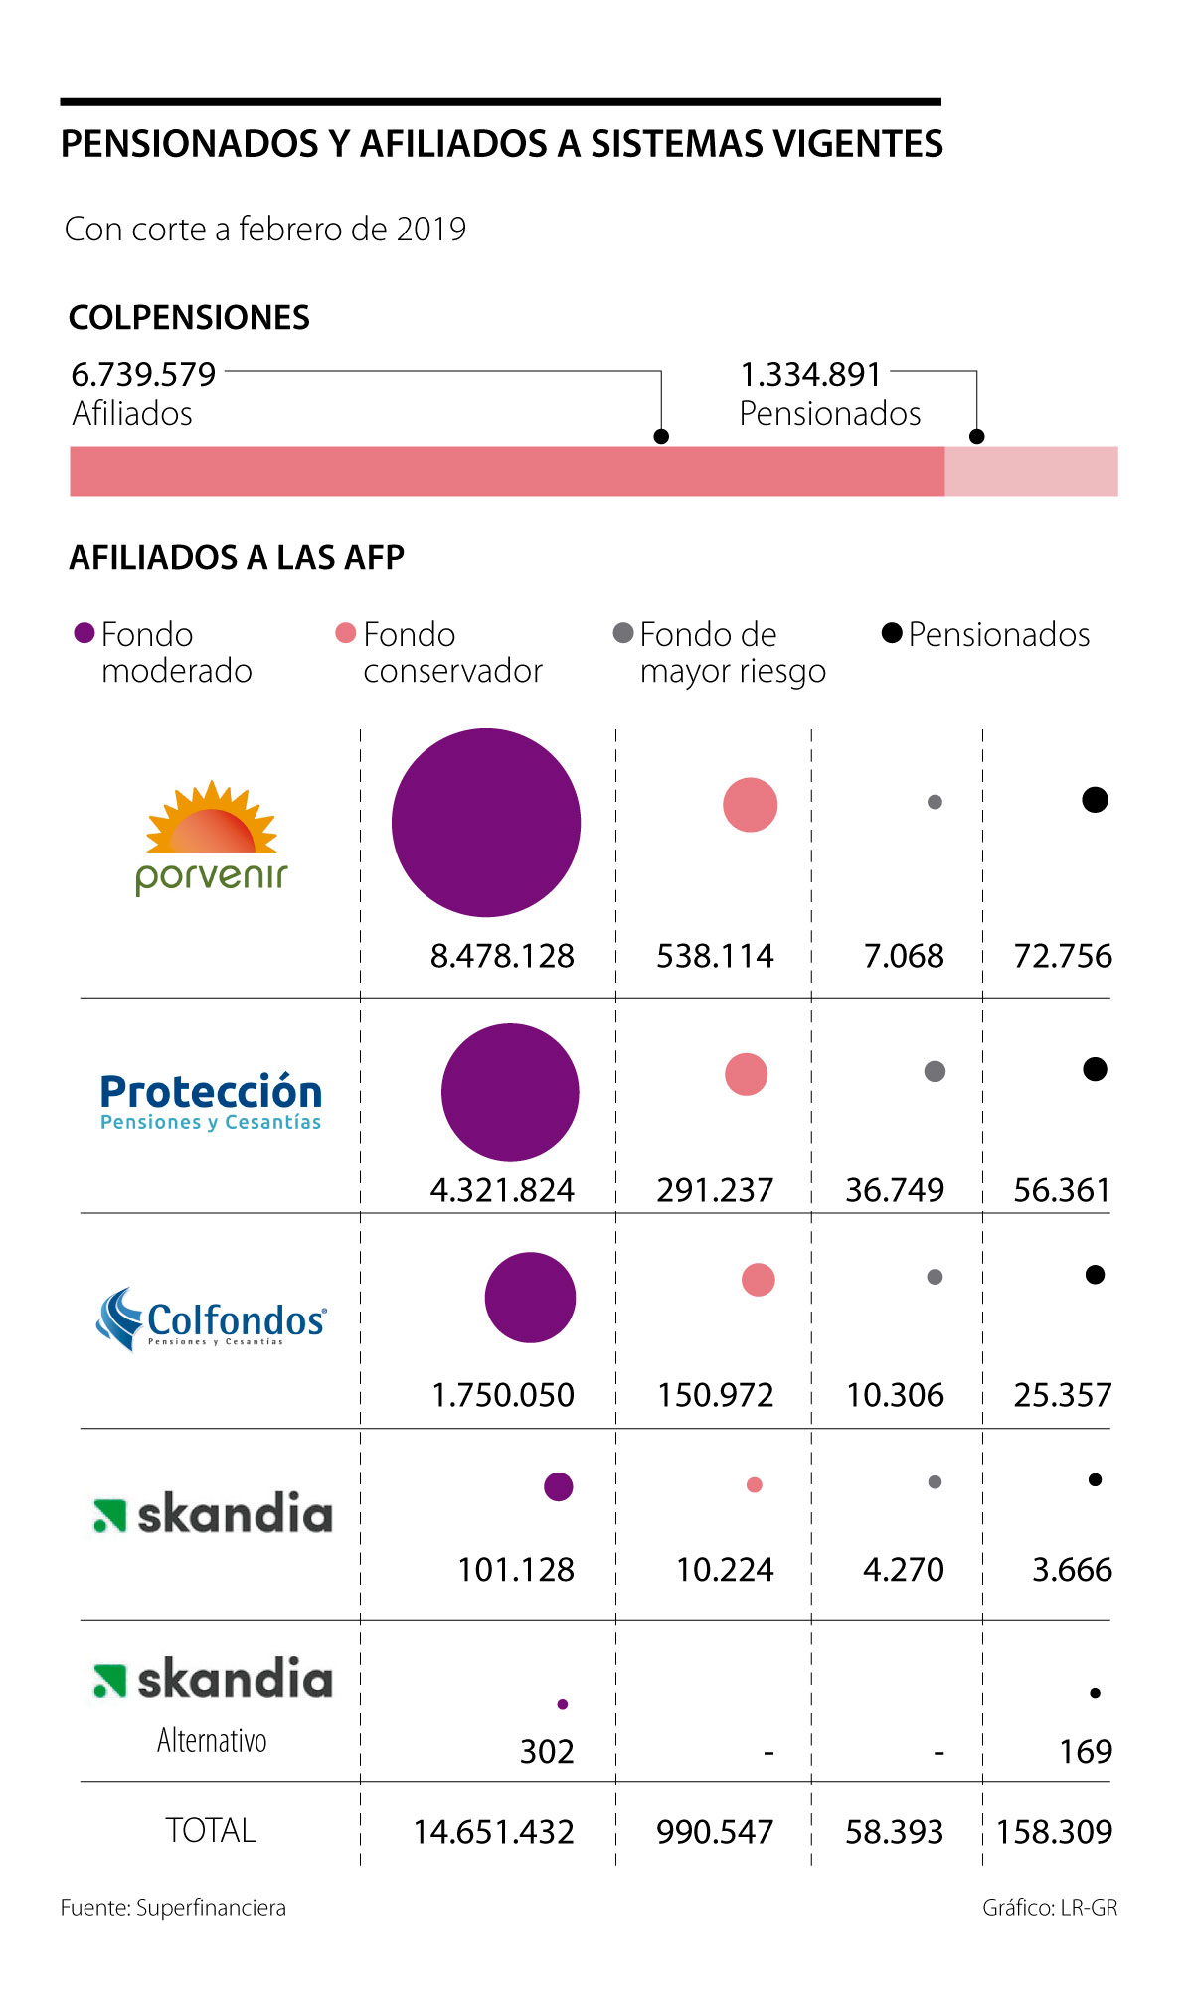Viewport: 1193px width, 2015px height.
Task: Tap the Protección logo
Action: click(x=211, y=1101)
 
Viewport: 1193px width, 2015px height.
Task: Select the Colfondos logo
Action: click(x=211, y=1319)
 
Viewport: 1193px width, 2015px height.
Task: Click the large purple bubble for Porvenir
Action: click(x=486, y=823)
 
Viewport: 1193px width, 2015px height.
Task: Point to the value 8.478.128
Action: click(x=502, y=956)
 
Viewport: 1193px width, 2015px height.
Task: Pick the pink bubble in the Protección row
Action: click(x=747, y=1074)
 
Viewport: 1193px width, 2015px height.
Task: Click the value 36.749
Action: click(x=895, y=1190)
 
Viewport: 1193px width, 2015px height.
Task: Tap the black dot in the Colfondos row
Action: click(x=1095, y=1275)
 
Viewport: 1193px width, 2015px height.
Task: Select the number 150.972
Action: click(x=715, y=1395)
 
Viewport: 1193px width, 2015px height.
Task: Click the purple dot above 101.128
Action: click(x=559, y=1486)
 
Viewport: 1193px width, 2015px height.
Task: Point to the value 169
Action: click(x=1086, y=1751)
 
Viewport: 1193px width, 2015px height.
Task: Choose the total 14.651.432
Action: click(x=494, y=1832)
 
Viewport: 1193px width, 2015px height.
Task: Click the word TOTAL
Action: click(x=211, y=1830)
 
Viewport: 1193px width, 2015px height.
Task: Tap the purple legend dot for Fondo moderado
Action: click(x=85, y=633)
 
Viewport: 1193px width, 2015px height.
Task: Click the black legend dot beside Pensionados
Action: click(x=892, y=633)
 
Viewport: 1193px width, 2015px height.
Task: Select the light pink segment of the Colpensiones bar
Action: click(x=1031, y=471)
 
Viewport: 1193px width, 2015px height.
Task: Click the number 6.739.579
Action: click(x=143, y=375)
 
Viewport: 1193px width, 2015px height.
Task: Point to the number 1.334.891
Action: click(x=810, y=375)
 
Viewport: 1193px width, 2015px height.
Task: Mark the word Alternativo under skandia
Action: click(x=212, y=1740)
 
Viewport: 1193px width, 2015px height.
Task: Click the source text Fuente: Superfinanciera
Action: click(x=173, y=1908)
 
